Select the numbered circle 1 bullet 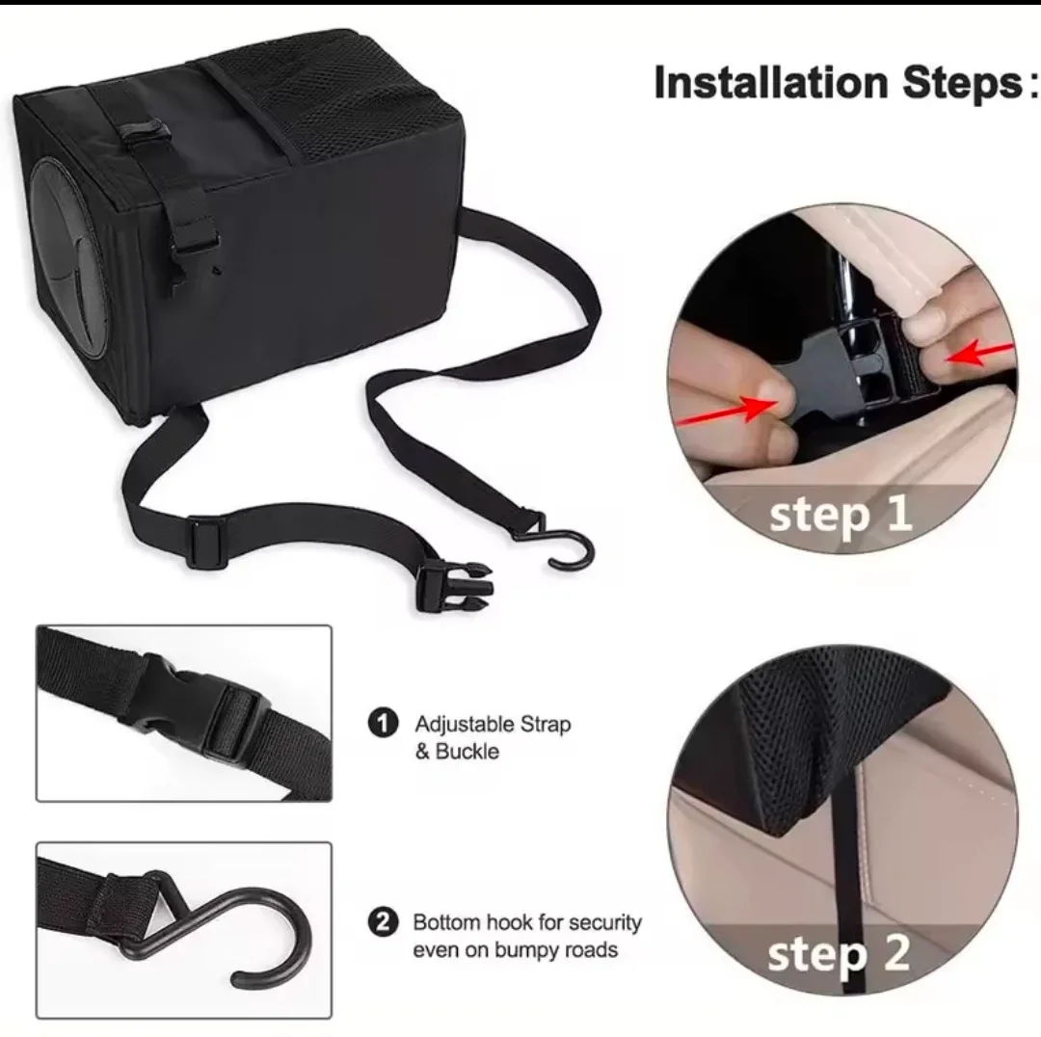383,723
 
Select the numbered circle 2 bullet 383,922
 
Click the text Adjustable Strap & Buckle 492,737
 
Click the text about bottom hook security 526,936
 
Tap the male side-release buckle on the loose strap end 453,585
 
